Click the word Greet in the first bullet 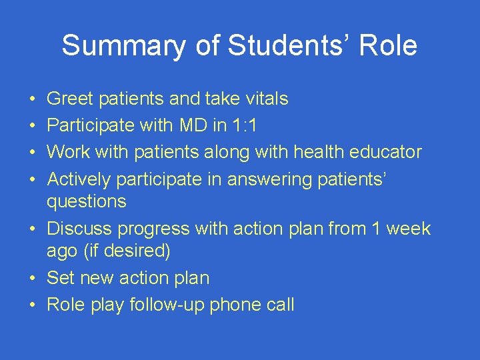pos(69,99)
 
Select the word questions pos(86,201)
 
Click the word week pos(407,229)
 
